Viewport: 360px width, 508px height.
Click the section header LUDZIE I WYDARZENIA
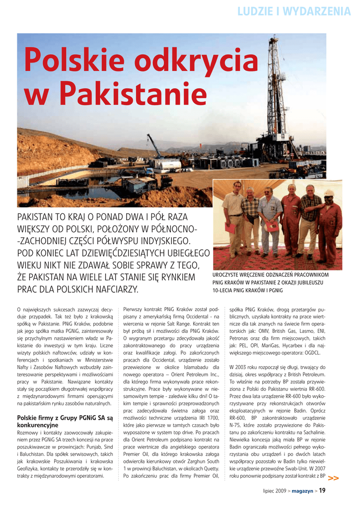tap(294, 11)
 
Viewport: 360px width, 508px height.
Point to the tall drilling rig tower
tap(273, 89)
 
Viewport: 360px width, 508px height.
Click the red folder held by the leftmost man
tap(230, 228)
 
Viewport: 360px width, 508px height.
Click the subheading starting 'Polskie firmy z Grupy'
tap(65, 421)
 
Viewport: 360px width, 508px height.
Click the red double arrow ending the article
tap(334, 478)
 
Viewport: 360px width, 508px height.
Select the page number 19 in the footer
tap(322, 491)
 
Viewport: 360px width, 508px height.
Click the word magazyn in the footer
tap(302, 491)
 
